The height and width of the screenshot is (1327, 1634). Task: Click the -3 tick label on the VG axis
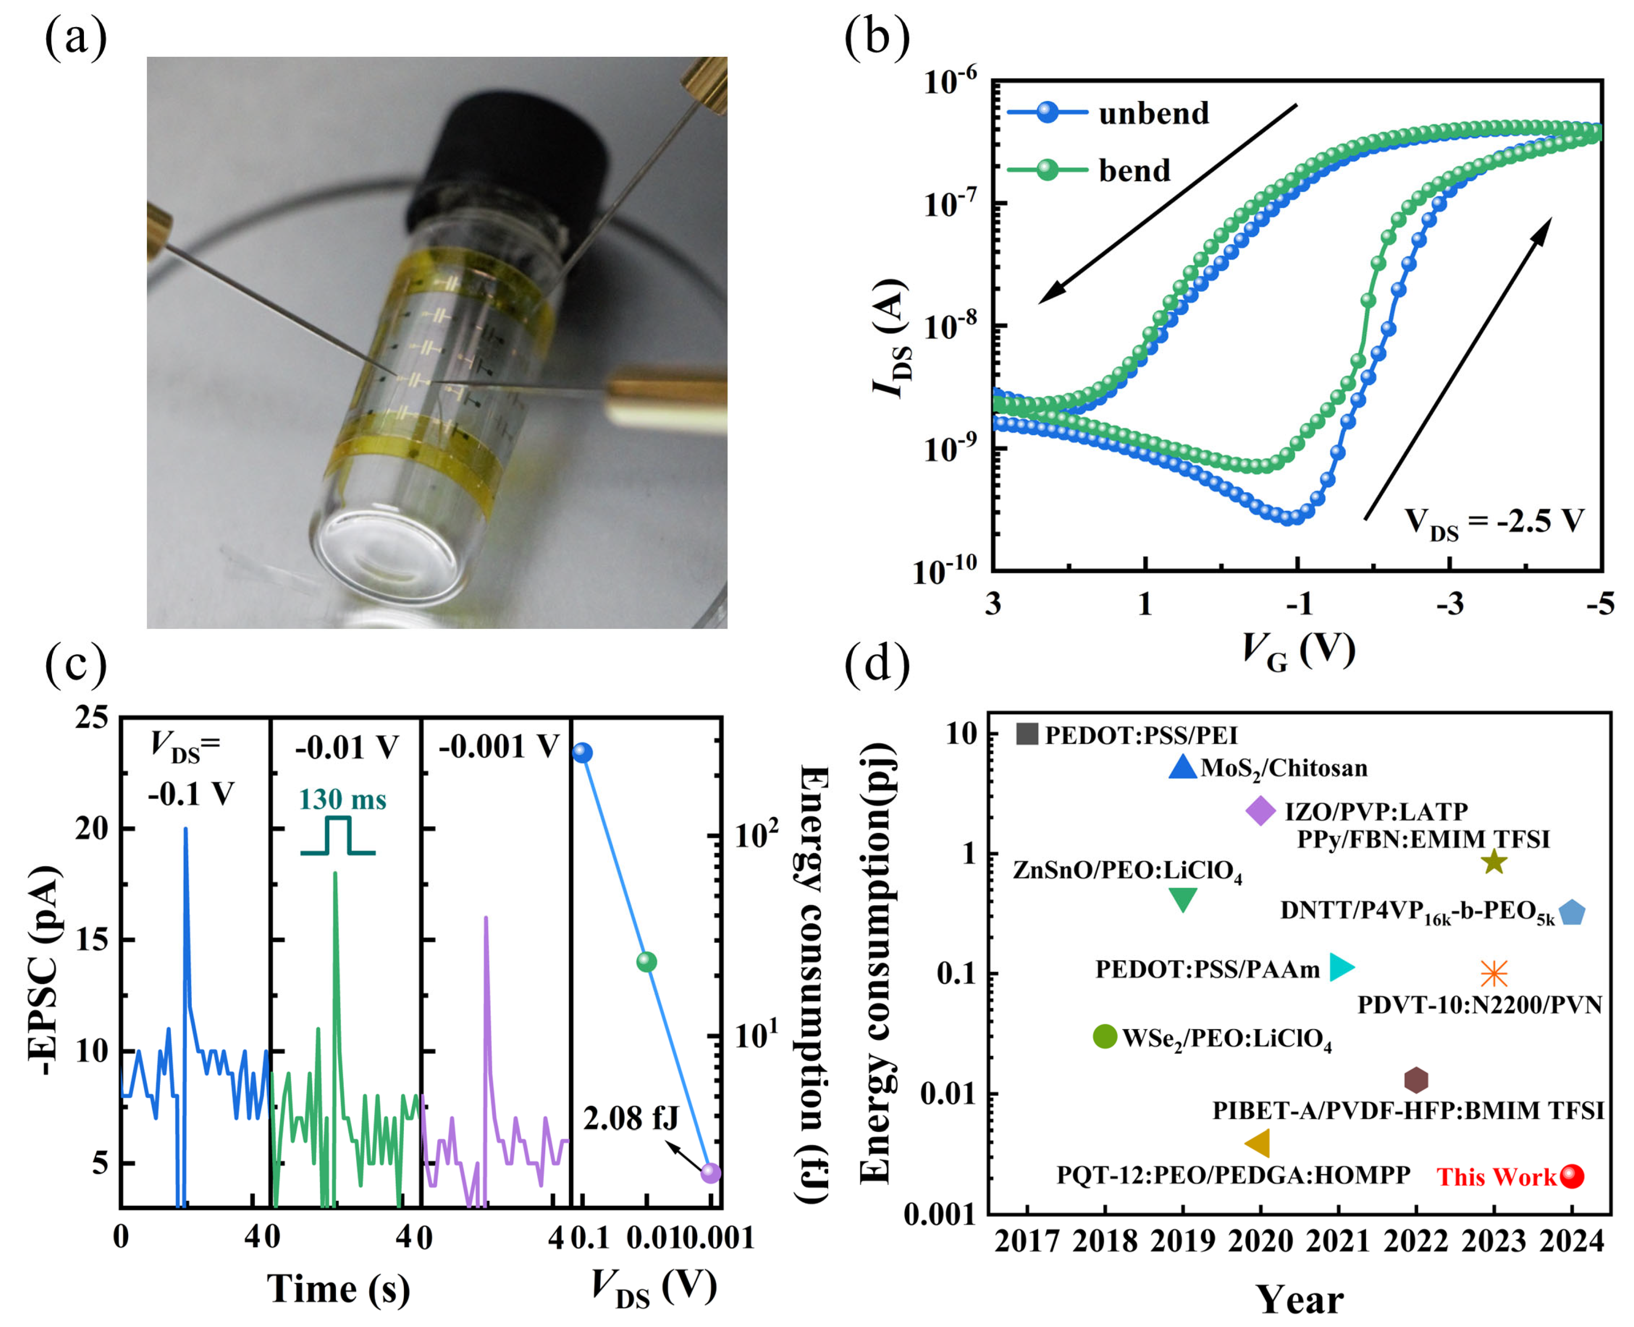pos(1449,604)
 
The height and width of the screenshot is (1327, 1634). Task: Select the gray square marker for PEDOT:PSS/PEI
pos(1026,734)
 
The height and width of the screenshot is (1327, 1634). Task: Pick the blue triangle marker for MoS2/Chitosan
pos(1182,768)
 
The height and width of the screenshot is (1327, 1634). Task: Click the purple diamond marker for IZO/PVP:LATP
pos(1260,810)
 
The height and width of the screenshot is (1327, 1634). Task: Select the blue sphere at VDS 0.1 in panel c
pos(582,753)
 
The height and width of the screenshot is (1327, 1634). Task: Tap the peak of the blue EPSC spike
pos(185,830)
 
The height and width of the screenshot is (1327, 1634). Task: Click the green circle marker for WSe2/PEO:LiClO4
pos(1104,1037)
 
